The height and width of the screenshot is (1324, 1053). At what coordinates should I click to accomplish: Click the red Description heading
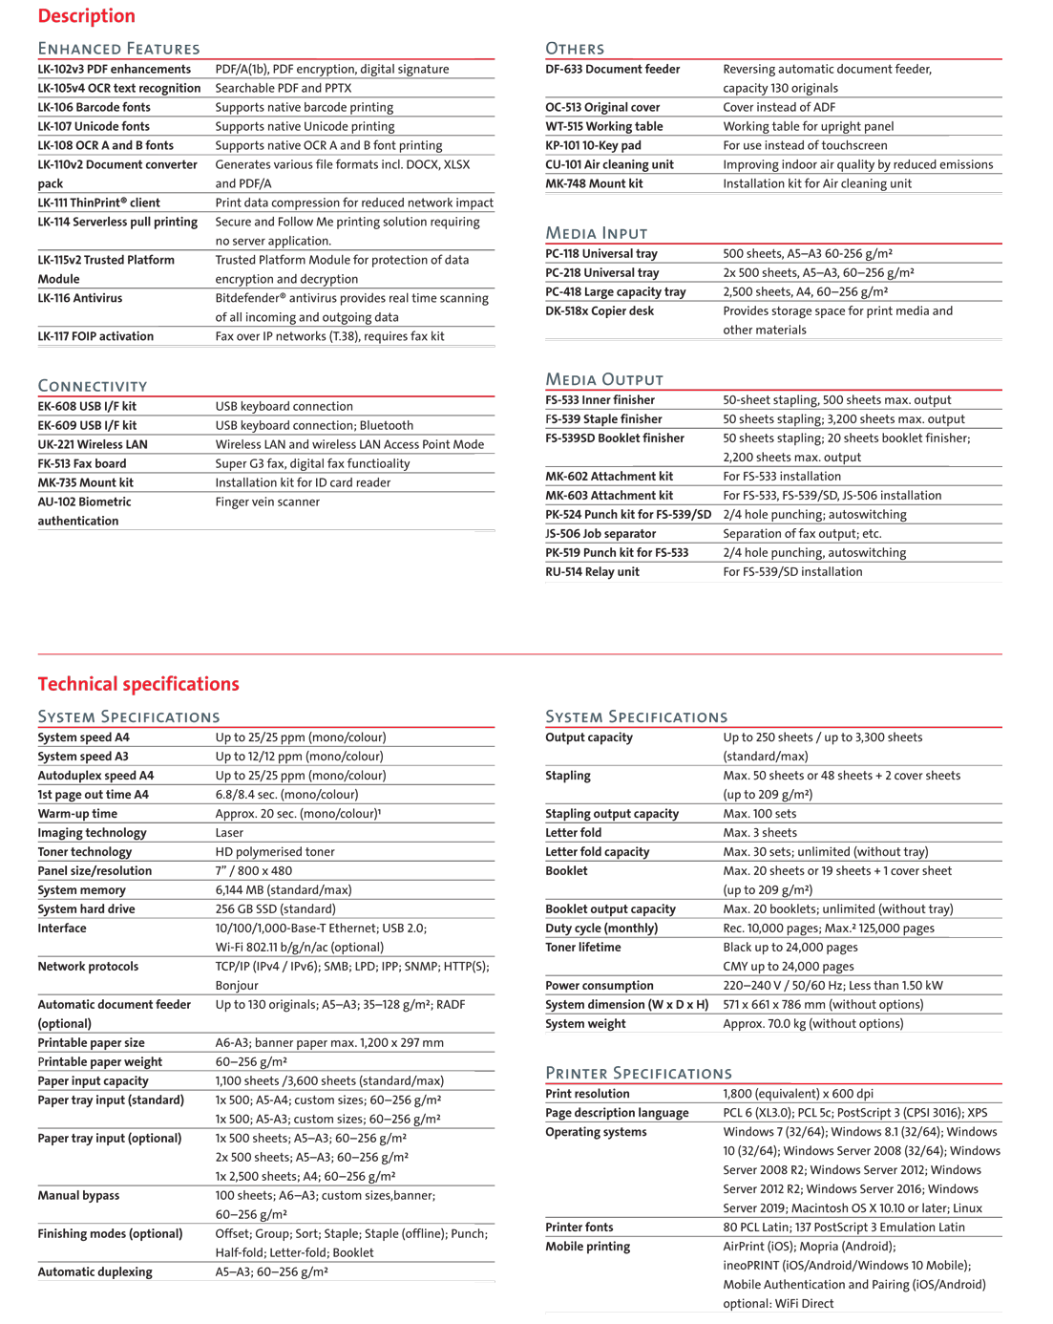point(87,16)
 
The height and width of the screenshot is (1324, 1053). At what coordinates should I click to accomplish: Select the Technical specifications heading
point(138,684)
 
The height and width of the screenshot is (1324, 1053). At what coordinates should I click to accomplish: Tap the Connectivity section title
point(93,386)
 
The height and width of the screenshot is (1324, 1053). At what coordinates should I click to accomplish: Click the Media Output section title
point(604,379)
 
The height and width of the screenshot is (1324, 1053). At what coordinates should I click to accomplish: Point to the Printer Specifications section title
point(639,1073)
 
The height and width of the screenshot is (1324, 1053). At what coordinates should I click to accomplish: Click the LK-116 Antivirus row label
point(80,298)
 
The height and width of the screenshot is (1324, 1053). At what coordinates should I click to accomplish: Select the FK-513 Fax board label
point(82,463)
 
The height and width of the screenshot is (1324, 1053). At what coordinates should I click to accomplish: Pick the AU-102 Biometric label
point(85,502)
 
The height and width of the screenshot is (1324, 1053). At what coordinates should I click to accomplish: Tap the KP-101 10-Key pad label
point(593,145)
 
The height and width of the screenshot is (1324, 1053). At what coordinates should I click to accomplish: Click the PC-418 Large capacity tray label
point(616,291)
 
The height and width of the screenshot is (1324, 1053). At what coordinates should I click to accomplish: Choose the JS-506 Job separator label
point(600,533)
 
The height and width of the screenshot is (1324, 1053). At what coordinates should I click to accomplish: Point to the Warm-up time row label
point(77,814)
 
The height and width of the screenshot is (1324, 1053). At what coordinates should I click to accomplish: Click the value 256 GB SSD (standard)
point(275,909)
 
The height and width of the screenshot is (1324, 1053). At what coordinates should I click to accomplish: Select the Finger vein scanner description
point(267,502)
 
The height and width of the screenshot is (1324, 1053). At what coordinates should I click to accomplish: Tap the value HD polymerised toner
point(275,852)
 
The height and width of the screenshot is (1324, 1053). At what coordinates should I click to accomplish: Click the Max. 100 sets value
point(760,814)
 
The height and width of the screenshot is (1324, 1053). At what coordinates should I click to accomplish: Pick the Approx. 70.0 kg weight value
point(813,1023)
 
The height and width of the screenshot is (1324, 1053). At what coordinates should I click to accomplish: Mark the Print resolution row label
point(587,1094)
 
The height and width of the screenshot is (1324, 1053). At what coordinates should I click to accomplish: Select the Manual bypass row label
point(79,1195)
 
